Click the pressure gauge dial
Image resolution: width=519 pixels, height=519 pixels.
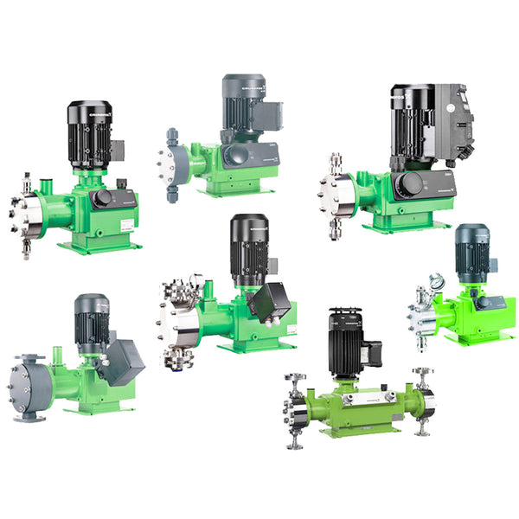tap(435, 282)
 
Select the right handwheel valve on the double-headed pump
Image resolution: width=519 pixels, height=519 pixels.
tap(423, 378)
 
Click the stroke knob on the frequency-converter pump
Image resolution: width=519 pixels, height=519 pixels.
tap(411, 185)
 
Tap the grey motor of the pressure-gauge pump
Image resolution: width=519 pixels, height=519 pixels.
tap(473, 247)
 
